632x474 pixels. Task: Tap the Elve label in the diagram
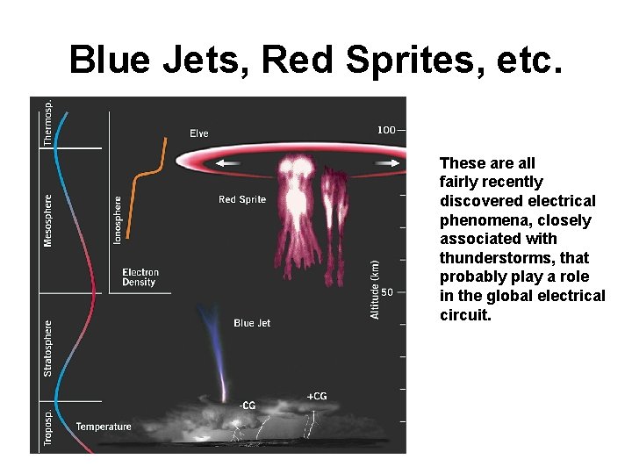[x=199, y=133]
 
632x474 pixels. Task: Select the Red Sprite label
[x=242, y=200]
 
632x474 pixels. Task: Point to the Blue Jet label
[x=252, y=324]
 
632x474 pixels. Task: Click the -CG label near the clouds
[x=248, y=406]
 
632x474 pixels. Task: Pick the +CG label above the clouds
[x=316, y=397]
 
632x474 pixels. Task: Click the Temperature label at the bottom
[x=104, y=427]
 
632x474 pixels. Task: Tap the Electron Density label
[x=140, y=277]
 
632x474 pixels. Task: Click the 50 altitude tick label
[x=387, y=293]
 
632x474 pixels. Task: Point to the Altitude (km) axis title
[x=376, y=289]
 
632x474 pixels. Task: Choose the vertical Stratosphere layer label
[x=48, y=348]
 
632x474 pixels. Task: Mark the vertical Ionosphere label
[x=118, y=219]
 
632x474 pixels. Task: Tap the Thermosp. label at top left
[x=48, y=122]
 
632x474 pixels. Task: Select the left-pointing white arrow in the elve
[x=231, y=163]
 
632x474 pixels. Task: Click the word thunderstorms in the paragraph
[x=490, y=258]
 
